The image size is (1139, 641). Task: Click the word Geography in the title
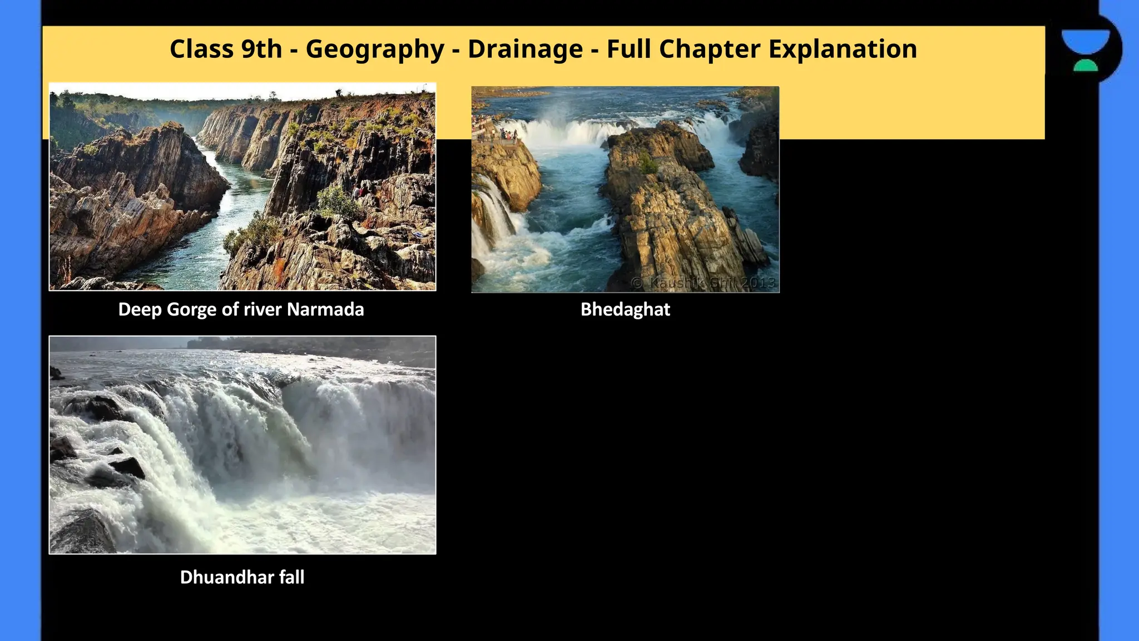point(375,50)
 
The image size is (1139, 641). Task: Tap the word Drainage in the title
point(525,49)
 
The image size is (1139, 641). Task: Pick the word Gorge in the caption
point(192,309)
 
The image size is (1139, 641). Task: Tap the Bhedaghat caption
point(625,309)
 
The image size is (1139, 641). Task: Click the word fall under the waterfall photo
point(291,577)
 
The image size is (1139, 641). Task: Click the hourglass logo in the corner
point(1085,50)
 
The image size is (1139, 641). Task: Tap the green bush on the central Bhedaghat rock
point(647,164)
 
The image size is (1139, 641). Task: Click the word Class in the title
point(201,49)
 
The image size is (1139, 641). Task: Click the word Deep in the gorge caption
point(140,309)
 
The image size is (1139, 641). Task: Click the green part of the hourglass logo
point(1085,66)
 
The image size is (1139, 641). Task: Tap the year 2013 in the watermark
point(758,283)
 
